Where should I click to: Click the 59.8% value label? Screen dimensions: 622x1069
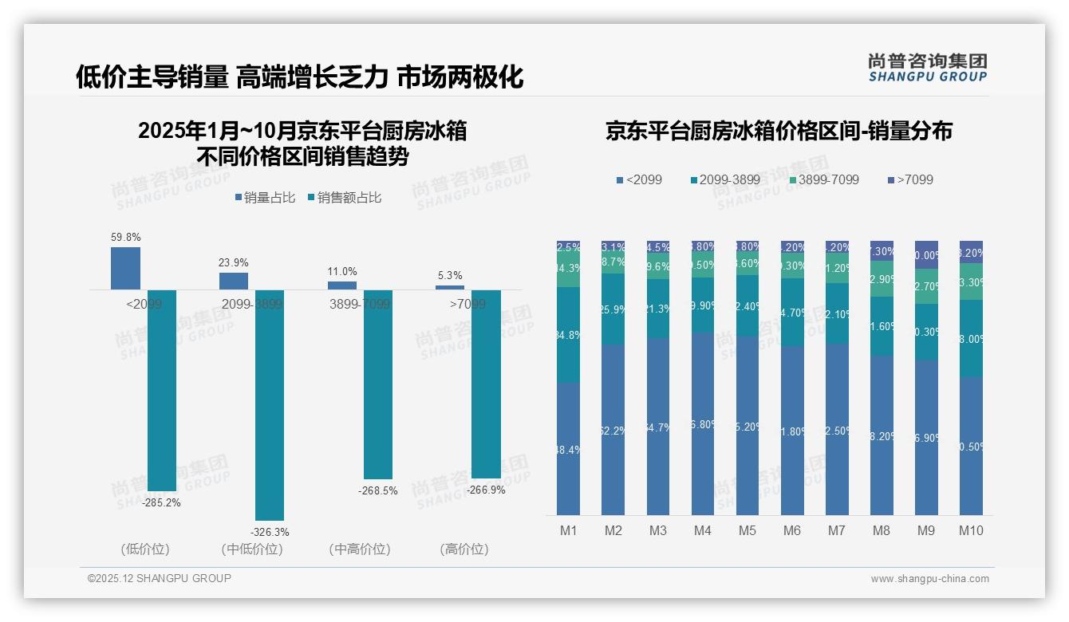tap(126, 237)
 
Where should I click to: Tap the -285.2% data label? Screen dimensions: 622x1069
tap(161, 503)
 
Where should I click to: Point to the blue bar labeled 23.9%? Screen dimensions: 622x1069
tap(234, 281)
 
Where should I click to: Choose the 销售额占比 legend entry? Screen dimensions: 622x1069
tap(344, 198)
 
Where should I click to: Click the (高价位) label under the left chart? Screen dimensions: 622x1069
tap(463, 549)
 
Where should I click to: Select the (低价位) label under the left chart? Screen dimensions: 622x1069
tap(145, 549)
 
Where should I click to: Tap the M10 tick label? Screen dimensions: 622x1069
tap(971, 531)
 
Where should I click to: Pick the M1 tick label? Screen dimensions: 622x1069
tap(568, 531)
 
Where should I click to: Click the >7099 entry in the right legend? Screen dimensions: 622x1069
tap(909, 180)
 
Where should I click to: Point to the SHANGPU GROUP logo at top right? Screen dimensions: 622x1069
tap(927, 68)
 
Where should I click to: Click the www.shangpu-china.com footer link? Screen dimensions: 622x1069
tap(929, 579)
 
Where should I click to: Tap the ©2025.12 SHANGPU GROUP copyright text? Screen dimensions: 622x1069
tap(160, 578)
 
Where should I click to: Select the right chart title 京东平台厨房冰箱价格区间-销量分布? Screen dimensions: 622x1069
tap(779, 132)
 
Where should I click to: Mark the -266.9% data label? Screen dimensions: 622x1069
tap(486, 490)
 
